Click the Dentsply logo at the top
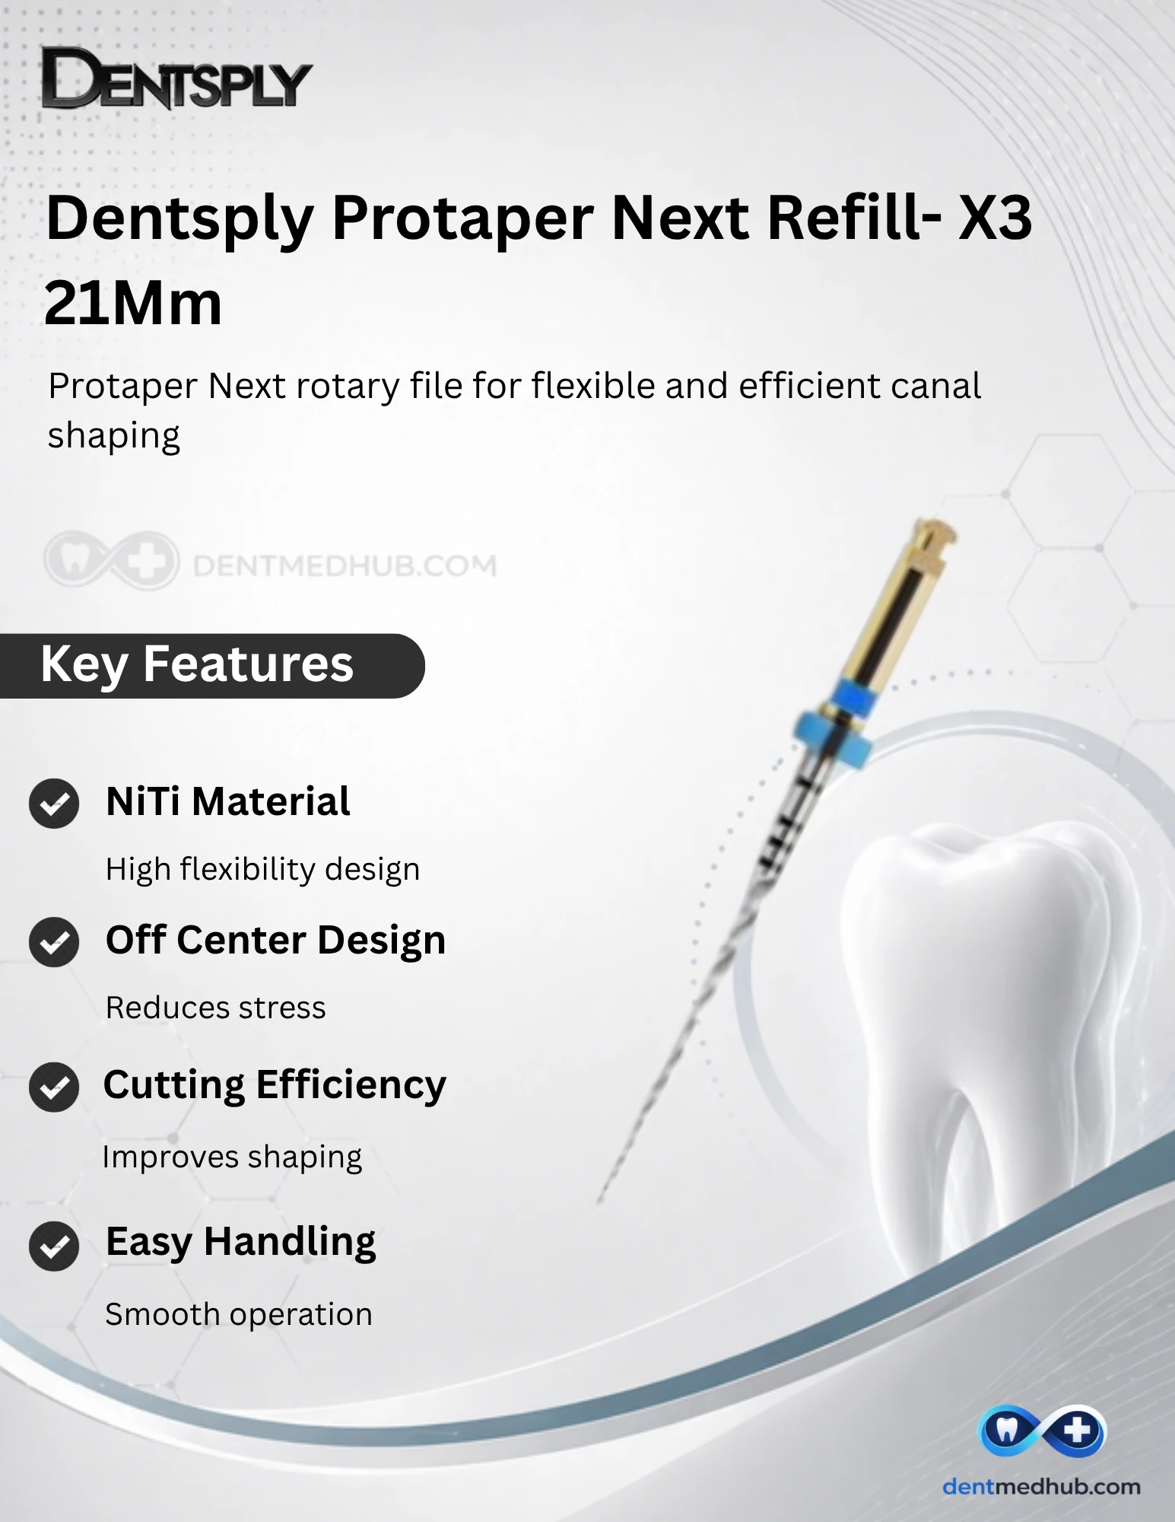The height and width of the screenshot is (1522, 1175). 176,78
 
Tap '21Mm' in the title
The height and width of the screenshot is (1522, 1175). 133,303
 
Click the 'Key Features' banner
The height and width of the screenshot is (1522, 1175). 212,665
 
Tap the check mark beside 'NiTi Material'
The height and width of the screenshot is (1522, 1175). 54,804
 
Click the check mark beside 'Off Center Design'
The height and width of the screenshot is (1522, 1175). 54,942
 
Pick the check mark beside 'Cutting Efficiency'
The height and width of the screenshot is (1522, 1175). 54,1087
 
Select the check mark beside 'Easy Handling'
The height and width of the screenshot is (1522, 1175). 54,1246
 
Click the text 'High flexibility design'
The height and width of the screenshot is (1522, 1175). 262,870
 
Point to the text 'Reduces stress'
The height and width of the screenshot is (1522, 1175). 216,1008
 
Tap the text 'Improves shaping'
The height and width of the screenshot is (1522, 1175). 232,1157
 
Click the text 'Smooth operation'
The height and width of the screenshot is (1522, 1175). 239,1314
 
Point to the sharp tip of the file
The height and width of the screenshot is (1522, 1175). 599,1202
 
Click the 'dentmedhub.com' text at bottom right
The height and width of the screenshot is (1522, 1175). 1041,1486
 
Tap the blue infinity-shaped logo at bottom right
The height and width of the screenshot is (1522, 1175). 1042,1431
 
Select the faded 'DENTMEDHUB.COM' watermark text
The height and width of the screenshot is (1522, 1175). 345,565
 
